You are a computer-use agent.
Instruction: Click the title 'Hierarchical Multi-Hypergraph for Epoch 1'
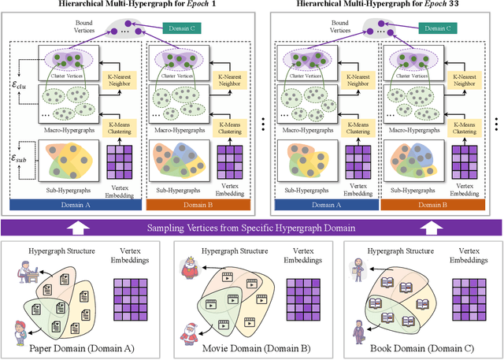pyautogui.click(x=127, y=5)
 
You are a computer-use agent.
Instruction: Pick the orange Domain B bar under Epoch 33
pyautogui.click(x=432, y=204)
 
